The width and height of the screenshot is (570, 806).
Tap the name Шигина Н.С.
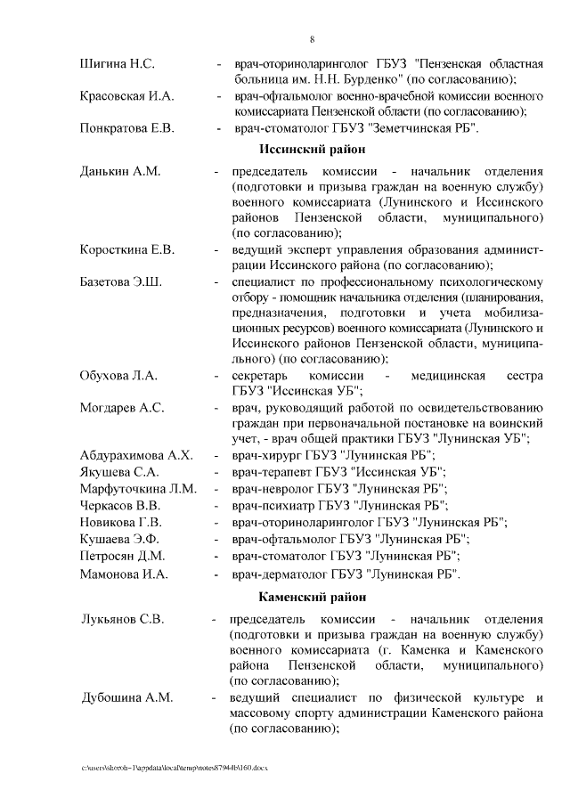click(118, 64)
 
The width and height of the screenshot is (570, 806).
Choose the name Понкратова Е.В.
click(126, 128)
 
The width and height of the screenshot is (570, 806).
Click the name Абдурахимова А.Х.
click(136, 455)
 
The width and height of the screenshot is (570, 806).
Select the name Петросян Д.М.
click(124, 556)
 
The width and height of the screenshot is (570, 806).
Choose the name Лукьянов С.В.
click(123, 619)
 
